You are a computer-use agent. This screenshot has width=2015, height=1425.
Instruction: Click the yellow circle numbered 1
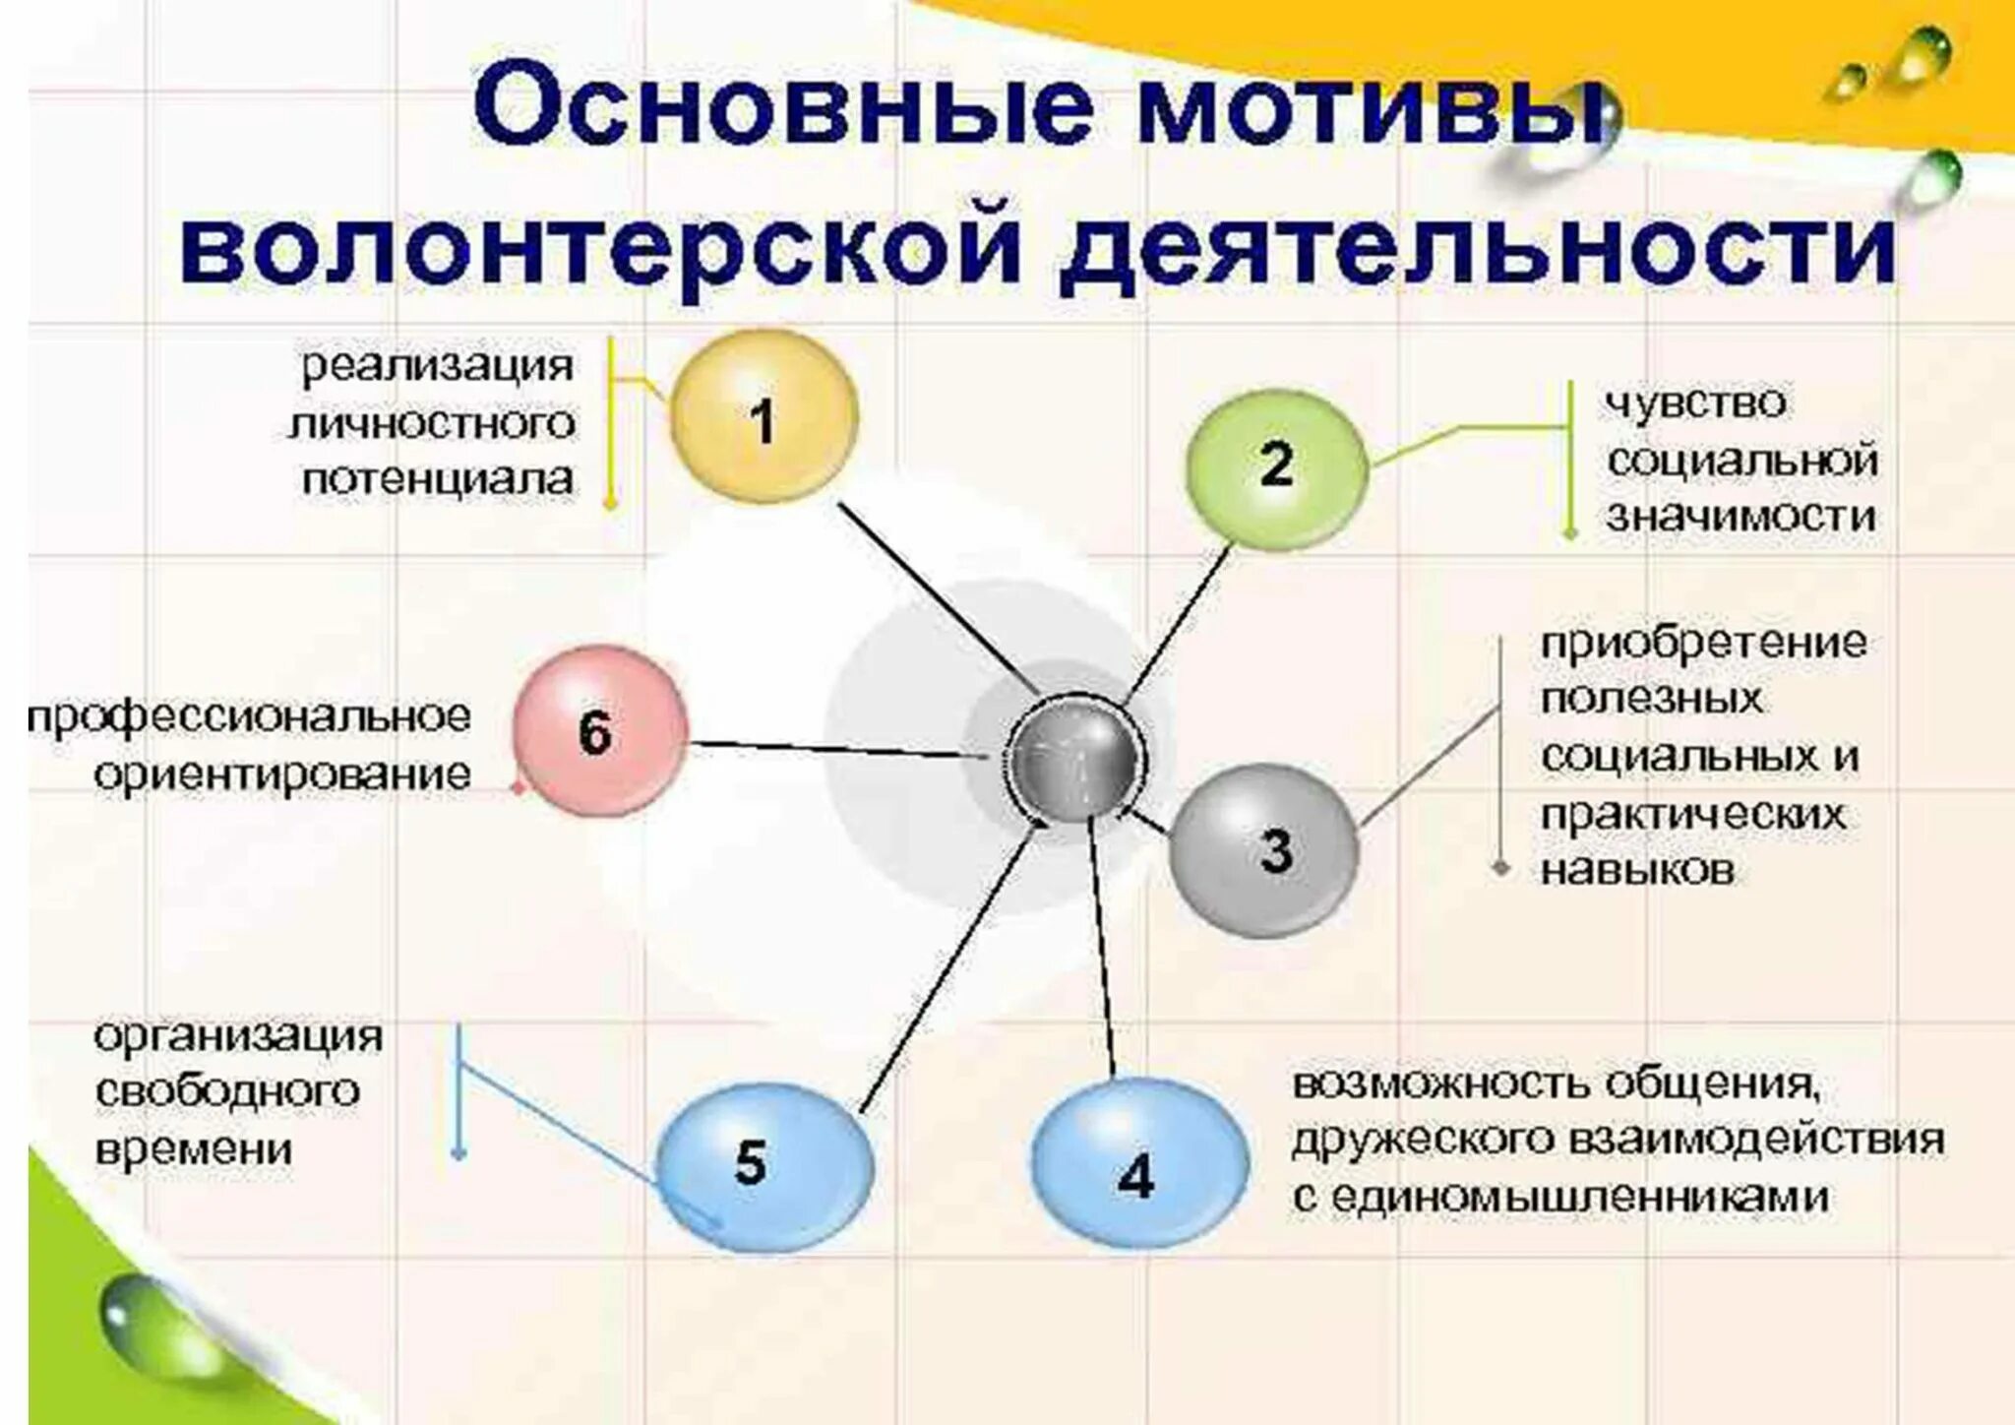tap(763, 417)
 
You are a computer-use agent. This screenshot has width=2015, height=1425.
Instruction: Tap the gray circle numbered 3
tap(1264, 850)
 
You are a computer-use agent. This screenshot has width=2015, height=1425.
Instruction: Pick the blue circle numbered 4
tap(1138, 1174)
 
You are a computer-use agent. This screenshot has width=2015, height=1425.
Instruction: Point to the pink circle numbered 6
tap(599, 730)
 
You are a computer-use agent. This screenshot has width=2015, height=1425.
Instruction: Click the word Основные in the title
tap(783, 106)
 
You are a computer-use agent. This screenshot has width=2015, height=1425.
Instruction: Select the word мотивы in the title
tap(1373, 106)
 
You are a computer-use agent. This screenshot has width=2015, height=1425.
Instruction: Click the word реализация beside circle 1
tap(437, 366)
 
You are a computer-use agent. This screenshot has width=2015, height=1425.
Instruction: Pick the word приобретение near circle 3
tap(1703, 644)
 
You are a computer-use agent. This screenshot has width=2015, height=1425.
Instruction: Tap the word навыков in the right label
tap(1637, 870)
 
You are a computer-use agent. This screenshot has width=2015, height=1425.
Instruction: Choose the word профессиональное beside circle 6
tap(250, 716)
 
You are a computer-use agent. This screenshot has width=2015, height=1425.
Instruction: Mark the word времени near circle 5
tap(194, 1148)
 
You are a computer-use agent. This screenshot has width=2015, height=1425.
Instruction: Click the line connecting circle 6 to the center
tap(836, 749)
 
